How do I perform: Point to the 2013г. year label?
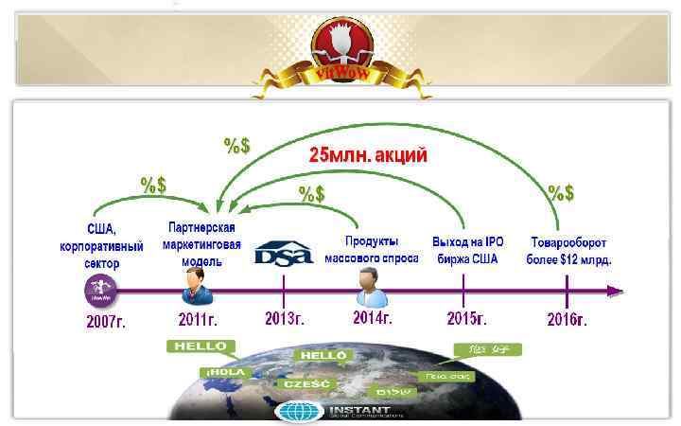click(284, 319)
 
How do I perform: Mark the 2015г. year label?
click(465, 319)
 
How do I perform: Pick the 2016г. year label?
click(567, 319)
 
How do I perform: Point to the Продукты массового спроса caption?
click(372, 250)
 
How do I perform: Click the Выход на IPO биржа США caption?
click(468, 250)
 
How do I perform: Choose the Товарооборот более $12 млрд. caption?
click(570, 250)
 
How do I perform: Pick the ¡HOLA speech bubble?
click(224, 372)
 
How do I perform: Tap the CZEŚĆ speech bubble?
click(306, 384)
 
